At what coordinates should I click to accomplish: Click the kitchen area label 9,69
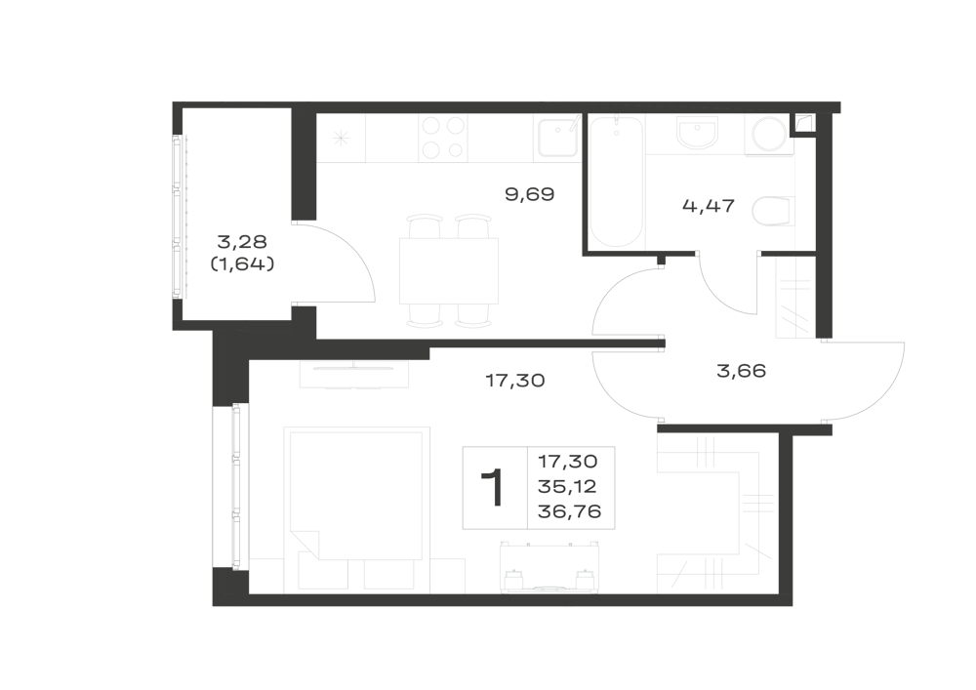click(x=529, y=195)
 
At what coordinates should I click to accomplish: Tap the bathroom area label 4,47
click(x=709, y=205)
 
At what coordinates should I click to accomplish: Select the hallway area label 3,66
click(x=742, y=371)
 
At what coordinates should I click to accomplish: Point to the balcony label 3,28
click(x=242, y=241)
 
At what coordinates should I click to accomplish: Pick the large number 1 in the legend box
click(x=493, y=488)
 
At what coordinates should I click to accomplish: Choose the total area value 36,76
click(x=569, y=511)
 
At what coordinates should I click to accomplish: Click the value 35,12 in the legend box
click(x=567, y=487)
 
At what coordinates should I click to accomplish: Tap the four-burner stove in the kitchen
click(x=442, y=139)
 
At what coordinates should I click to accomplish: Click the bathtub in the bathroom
click(x=616, y=182)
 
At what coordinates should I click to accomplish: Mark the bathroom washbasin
click(x=697, y=133)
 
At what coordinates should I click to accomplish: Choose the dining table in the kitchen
click(x=449, y=270)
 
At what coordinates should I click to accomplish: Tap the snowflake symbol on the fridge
click(x=341, y=138)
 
